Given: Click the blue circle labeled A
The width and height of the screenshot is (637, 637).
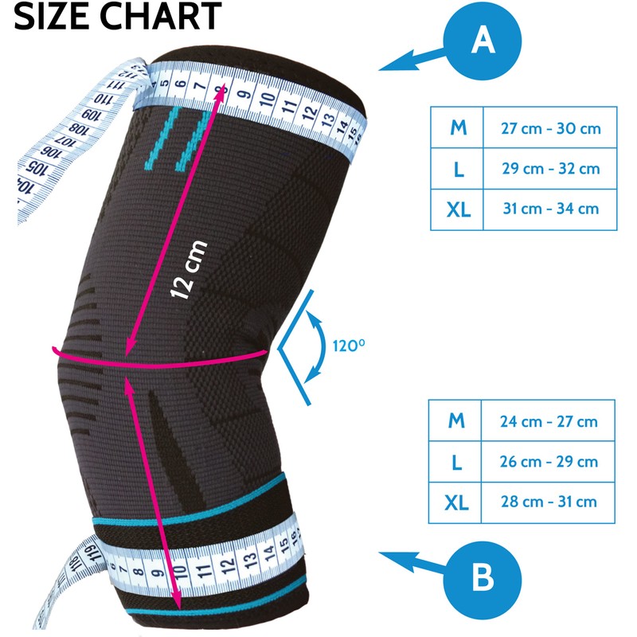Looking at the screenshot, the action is point(483,40).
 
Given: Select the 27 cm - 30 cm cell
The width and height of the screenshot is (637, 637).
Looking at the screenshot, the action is point(550,127).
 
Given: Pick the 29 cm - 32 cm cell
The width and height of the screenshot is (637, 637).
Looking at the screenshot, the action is point(550,169).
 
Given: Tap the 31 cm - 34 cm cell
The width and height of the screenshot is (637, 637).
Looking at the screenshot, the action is point(550,209).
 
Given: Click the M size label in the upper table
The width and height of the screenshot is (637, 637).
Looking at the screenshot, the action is point(458,127).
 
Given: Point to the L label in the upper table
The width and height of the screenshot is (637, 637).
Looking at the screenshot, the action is point(458,169).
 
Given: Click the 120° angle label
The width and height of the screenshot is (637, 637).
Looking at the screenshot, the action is point(349,347).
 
